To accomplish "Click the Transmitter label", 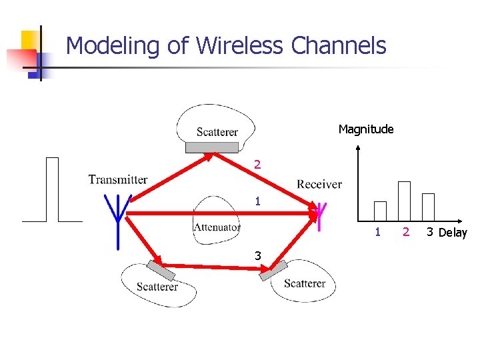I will click(x=118, y=179).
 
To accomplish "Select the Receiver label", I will click(x=319, y=185).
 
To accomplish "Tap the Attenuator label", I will click(x=217, y=227).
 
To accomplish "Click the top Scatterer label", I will click(x=217, y=132).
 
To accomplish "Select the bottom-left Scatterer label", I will click(x=157, y=287).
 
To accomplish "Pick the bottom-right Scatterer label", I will click(x=305, y=283).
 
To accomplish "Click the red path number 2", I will click(x=257, y=164).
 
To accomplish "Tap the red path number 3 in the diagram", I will click(x=257, y=255).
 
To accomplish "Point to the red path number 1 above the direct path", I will click(x=257, y=201).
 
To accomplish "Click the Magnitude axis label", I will click(x=366, y=129).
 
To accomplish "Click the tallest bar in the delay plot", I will click(x=404, y=201).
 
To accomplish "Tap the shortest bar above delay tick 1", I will click(x=380, y=211).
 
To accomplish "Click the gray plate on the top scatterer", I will click(x=211, y=147).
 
